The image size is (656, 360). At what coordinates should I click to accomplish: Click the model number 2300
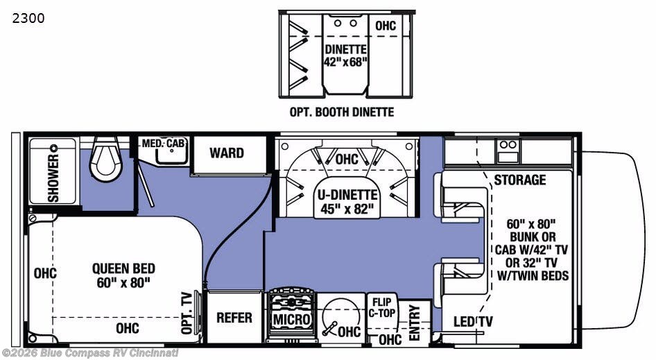coord(28,19)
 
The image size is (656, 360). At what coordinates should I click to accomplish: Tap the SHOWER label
coord(53,178)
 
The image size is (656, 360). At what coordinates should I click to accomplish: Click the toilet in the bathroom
coord(106,159)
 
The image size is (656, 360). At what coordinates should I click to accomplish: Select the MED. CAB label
coord(163,143)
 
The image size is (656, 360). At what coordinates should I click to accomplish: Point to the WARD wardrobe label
coord(227,153)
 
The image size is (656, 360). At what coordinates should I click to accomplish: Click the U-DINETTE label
coord(347,195)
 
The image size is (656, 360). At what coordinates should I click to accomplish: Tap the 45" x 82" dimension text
coord(347,209)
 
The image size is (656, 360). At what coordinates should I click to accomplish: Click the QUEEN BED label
coord(123,268)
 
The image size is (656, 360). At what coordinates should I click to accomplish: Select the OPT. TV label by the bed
coord(187,313)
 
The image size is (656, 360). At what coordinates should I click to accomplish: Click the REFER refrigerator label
coord(234,318)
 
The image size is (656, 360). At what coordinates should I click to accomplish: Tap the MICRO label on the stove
coord(292,320)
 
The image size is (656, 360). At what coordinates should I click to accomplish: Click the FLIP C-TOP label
coord(381,308)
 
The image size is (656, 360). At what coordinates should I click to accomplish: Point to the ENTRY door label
coord(414,323)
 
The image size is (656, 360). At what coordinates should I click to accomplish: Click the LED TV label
coord(473,321)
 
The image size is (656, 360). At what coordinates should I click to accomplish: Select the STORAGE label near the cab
coord(520,180)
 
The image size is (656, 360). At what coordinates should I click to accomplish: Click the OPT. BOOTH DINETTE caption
coord(342,112)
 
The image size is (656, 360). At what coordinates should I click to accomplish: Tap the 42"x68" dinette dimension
coord(345,62)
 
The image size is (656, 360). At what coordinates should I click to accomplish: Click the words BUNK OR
coord(533,237)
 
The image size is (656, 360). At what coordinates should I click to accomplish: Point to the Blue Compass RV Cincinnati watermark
coord(89,353)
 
